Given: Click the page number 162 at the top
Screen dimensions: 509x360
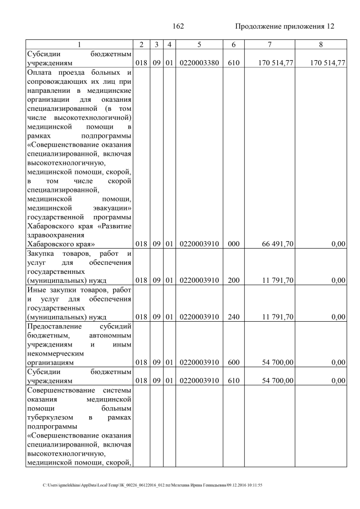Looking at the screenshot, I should click(x=178, y=26).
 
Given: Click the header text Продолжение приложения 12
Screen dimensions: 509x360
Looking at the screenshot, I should click(x=285, y=26).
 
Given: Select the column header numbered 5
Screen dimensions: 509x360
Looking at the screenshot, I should click(x=199, y=44).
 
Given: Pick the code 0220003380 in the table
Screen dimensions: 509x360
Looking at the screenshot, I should click(x=199, y=63).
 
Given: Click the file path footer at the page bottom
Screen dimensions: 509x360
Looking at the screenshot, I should click(x=152, y=485).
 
